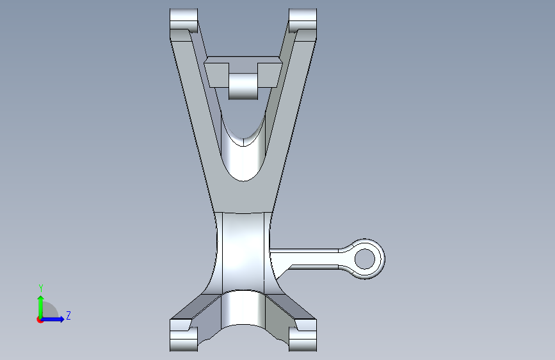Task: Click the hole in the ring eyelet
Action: (365, 259)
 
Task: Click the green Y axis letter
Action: (41, 288)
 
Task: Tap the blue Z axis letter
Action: (68, 315)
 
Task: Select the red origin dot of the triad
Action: (40, 320)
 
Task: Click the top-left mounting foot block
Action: (184, 20)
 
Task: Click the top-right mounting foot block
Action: (303, 20)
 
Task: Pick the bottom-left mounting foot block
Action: (184, 335)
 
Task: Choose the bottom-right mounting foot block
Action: (303, 335)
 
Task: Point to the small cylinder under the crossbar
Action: (243, 86)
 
